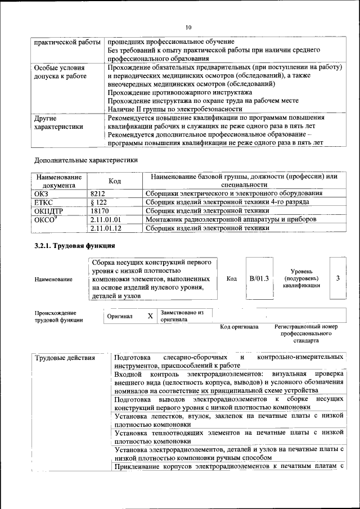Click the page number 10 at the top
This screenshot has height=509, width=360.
tap(188, 26)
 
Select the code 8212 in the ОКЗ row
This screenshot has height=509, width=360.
tap(98, 193)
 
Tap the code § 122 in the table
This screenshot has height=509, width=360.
tap(99, 202)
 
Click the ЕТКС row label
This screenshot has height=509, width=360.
tap(43, 202)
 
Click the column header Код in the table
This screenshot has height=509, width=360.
tap(115, 181)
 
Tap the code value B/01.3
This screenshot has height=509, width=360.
tap(259, 278)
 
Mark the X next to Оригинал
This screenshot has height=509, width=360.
tap(150, 316)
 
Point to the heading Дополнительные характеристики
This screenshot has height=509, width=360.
tap(85, 160)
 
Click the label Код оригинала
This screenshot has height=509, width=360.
tap(239, 326)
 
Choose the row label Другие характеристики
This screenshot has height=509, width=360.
tap(58, 123)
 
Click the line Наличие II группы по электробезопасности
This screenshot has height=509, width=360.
tap(175, 109)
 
